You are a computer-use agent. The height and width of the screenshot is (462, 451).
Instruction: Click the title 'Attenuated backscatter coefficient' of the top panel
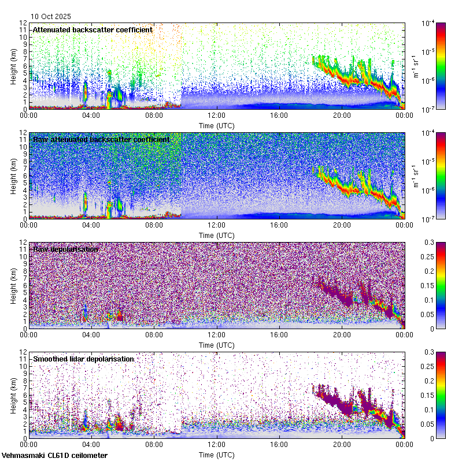point(93,29)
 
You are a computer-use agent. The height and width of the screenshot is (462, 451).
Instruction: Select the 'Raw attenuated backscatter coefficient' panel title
point(101,139)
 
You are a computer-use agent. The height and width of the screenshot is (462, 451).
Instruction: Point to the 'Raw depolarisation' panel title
point(65,249)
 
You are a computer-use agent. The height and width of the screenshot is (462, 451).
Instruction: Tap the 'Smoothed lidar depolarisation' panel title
point(83,359)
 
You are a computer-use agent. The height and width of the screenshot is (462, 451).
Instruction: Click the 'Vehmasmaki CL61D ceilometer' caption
point(54,456)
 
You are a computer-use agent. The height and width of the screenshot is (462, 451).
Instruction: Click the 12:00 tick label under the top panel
point(217,115)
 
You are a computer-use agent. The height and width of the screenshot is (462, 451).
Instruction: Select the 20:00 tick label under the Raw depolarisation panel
point(342,335)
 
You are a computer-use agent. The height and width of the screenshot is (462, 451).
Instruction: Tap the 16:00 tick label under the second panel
point(279,225)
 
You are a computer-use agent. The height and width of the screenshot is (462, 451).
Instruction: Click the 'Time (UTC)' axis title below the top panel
point(217,125)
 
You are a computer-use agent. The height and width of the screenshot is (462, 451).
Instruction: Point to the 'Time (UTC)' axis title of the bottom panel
point(217,454)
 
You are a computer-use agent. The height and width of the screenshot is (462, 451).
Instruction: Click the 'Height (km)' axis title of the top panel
point(14,66)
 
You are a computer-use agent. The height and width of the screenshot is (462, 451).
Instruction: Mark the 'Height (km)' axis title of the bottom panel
point(14,395)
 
